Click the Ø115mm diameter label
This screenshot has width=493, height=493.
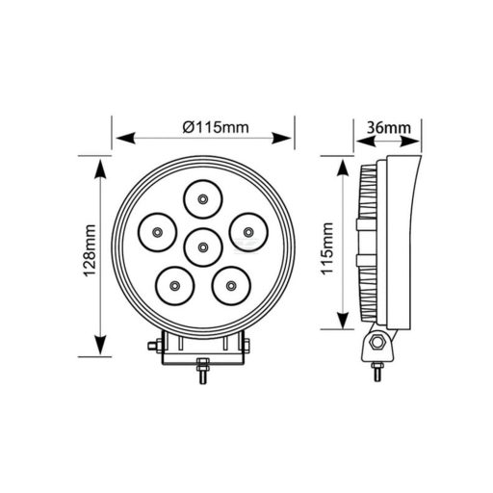(216, 127)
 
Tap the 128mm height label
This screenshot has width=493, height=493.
(90, 250)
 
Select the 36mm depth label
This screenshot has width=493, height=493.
(389, 128)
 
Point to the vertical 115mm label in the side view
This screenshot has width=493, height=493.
(327, 248)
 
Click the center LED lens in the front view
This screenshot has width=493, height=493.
(203, 247)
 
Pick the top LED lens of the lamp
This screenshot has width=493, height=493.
(203, 199)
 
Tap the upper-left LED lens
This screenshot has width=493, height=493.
(157, 232)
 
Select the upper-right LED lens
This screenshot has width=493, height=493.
(248, 232)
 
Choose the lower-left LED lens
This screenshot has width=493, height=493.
(174, 286)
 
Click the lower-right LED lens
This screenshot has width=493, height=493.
(231, 286)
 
